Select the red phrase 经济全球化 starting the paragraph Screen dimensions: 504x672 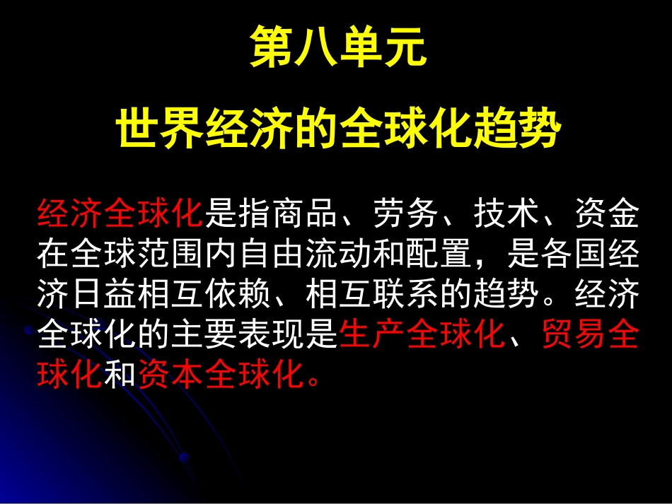(x=120, y=215)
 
